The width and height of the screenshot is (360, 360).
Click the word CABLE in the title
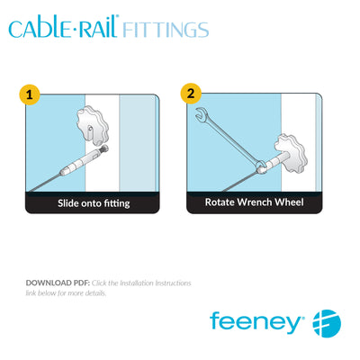[36, 28]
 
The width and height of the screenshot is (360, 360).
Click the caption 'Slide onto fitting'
[93, 203]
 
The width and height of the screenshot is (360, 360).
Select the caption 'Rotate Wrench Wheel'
[254, 202]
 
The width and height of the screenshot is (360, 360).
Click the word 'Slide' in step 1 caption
[70, 203]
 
